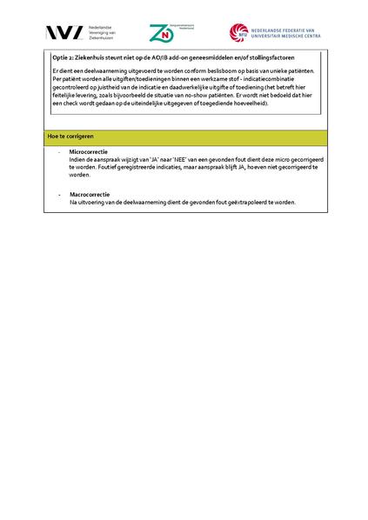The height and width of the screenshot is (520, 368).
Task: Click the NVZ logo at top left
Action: pyautogui.click(x=66, y=33)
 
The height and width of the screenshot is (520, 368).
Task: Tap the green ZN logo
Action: pyautogui.click(x=161, y=33)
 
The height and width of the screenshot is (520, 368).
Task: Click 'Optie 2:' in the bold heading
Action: pyautogui.click(x=64, y=57)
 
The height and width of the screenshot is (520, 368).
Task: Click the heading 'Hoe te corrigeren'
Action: pyautogui.click(x=70, y=138)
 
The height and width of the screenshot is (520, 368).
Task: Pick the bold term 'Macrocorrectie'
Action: pyautogui.click(x=88, y=195)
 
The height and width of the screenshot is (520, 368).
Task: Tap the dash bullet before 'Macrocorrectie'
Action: pyautogui.click(x=59, y=195)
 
